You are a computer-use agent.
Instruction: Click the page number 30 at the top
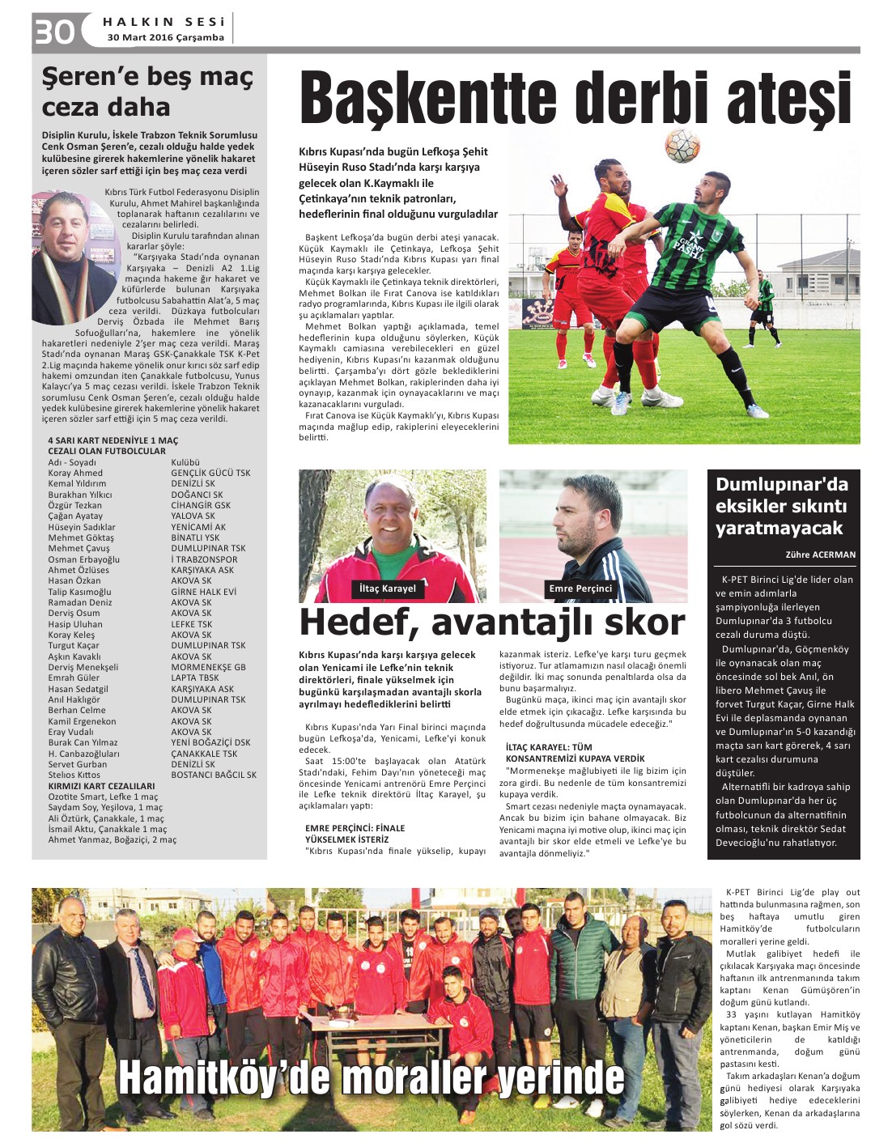(54, 31)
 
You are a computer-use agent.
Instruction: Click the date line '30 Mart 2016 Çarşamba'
(165, 37)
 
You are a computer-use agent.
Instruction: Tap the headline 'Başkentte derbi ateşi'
(575, 100)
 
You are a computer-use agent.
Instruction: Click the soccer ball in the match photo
(682, 146)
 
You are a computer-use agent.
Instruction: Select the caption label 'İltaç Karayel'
(388, 588)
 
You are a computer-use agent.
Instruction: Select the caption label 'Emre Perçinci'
(580, 588)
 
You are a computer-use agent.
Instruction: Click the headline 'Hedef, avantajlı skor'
(492, 622)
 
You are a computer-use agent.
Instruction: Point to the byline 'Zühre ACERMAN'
(820, 554)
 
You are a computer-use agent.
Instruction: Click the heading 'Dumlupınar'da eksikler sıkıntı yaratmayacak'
(781, 507)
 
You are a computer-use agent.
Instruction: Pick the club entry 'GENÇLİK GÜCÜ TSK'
(210, 473)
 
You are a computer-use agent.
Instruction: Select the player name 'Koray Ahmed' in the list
(75, 473)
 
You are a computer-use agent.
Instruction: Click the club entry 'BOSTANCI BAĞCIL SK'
(214, 775)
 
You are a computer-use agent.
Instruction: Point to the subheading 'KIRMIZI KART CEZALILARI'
(101, 786)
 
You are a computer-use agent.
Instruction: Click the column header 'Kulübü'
(185, 462)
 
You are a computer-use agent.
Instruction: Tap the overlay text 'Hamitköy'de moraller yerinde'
(372, 1077)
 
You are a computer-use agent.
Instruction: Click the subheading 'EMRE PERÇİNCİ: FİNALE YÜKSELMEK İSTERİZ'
(355, 834)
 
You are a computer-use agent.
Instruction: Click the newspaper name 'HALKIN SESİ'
(164, 22)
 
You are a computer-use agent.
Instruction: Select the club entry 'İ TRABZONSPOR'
(204, 559)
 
